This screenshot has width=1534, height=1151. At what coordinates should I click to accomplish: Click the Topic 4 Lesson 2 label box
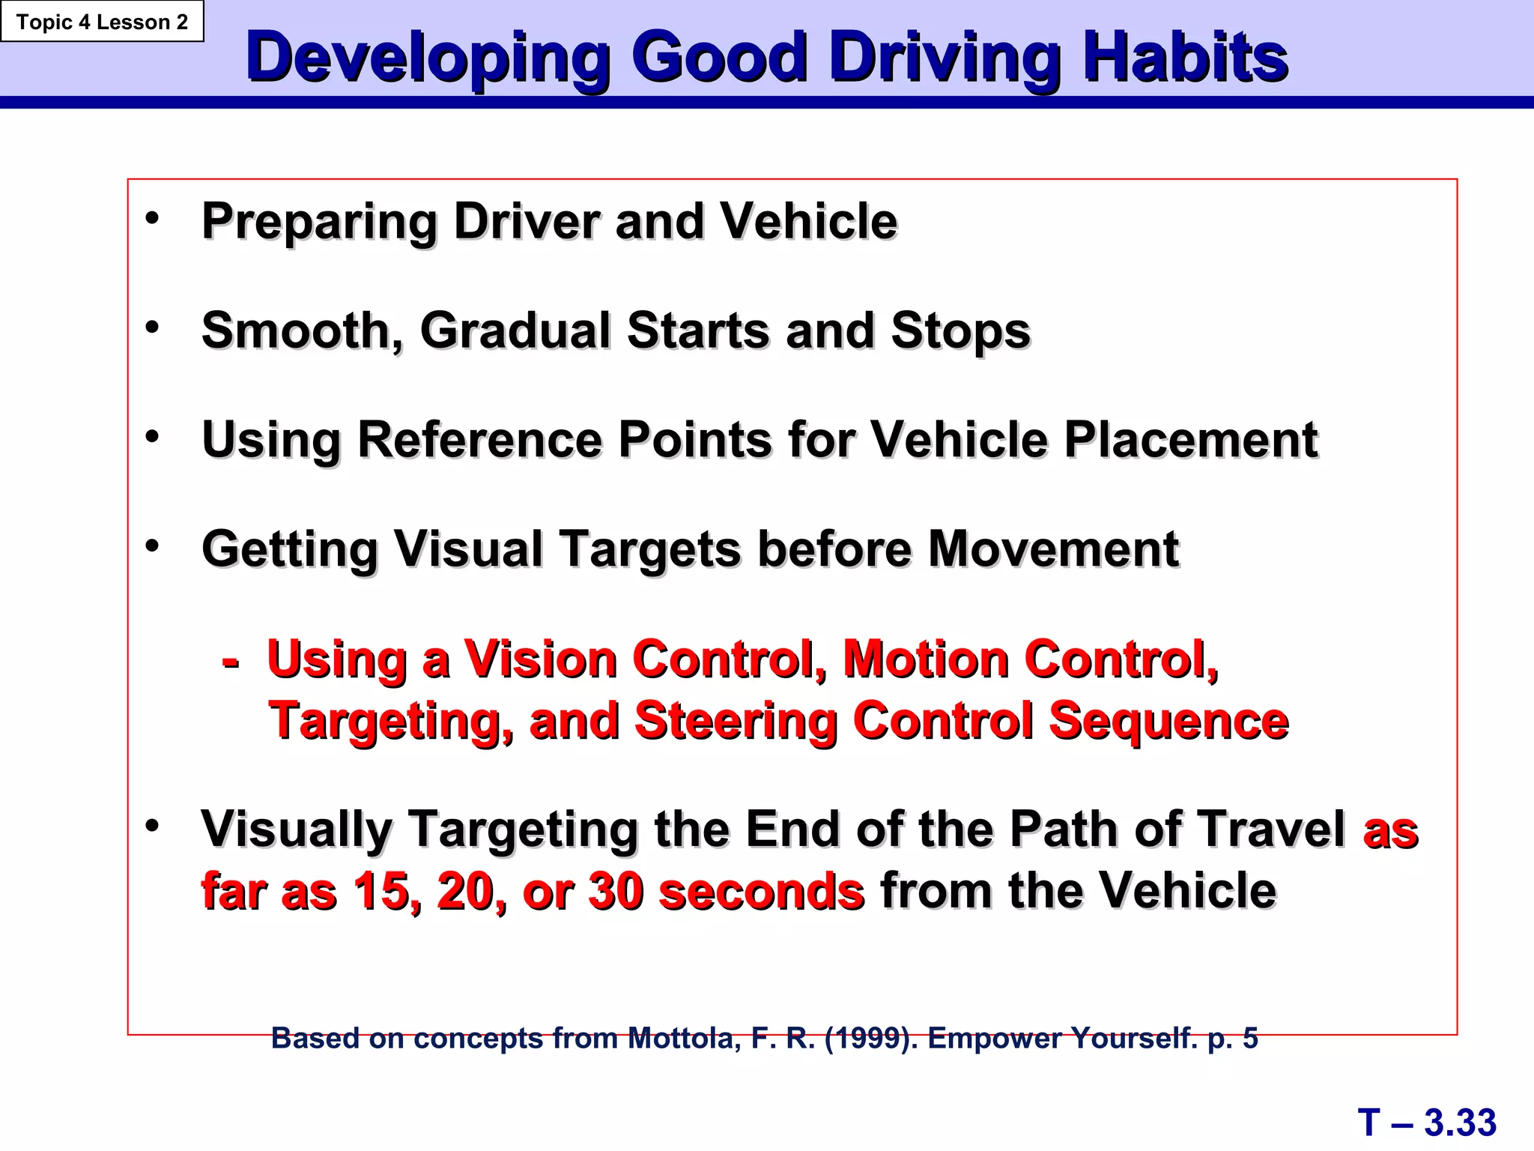102,22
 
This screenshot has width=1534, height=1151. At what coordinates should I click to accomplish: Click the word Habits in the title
1185,57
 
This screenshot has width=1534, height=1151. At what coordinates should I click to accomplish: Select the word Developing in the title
427,58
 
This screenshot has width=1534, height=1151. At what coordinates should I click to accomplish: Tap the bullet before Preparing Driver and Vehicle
153,219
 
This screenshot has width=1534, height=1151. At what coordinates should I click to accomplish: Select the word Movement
1054,549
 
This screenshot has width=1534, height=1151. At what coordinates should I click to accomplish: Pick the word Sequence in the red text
1168,720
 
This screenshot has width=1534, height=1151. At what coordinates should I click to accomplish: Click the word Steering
735,722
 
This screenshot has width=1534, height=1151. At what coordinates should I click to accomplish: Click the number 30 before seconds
616,891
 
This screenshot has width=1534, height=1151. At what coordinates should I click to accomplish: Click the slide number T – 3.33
1427,1123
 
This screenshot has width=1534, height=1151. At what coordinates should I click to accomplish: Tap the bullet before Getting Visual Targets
153,546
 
